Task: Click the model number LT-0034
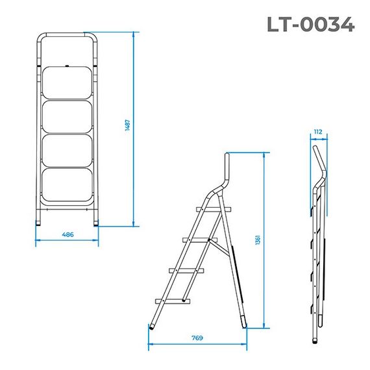[x=311, y=25]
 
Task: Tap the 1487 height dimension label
[x=128, y=127]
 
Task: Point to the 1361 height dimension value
[x=258, y=240]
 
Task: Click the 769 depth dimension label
[x=197, y=338]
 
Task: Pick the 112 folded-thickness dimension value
[x=317, y=132]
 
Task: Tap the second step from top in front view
[x=68, y=115]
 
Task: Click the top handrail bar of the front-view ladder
[x=68, y=35]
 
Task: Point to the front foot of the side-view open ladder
[x=153, y=323]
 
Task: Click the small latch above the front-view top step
[x=68, y=65]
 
